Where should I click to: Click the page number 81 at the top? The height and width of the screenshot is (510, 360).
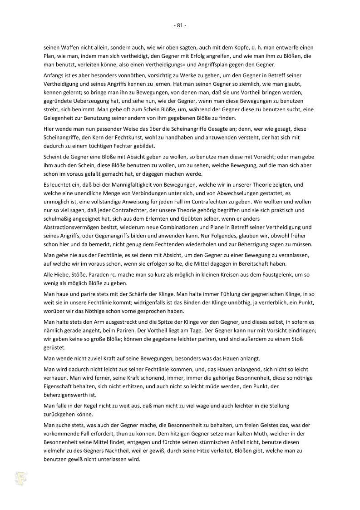click(x=180, y=25)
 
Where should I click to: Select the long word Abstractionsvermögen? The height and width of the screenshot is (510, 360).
click(x=73, y=227)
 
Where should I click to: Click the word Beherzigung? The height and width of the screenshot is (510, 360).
click(x=248, y=244)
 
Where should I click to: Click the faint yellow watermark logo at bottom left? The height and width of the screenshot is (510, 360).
click(x=20, y=479)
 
